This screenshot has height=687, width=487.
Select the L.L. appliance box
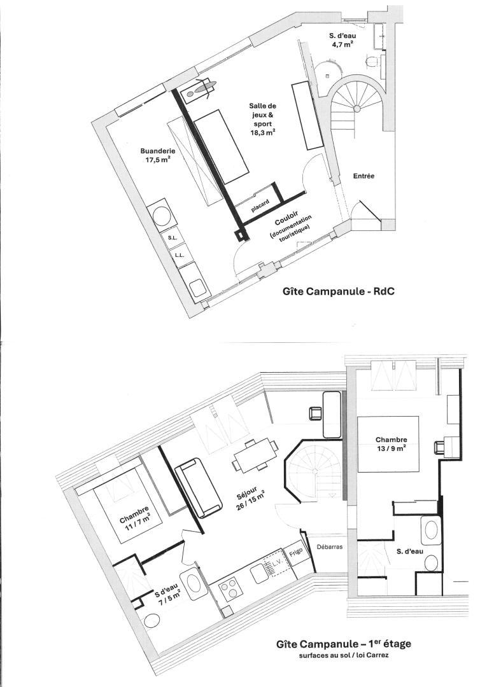[179, 254]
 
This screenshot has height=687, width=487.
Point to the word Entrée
[364, 176]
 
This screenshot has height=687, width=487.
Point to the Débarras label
[329, 547]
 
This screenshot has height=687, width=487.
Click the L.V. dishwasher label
[276, 564]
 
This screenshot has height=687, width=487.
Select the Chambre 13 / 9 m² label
[392, 443]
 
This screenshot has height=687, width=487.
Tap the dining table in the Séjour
[255, 456]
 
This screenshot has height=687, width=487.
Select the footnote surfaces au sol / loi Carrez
[344, 656]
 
